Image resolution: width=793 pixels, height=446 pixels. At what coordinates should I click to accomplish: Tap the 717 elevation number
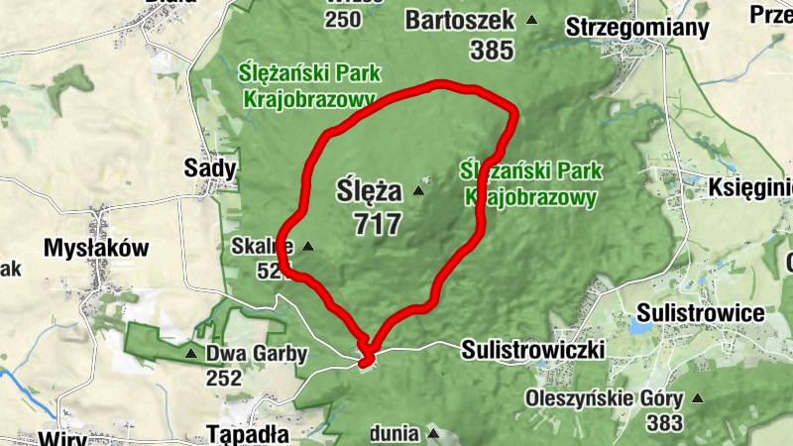tap(377, 223)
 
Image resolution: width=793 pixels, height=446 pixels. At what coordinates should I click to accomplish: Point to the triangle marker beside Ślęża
tap(418, 190)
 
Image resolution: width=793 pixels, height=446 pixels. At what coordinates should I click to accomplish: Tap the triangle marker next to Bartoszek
tap(533, 19)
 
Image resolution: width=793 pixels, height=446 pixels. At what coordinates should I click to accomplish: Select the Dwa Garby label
tap(257, 354)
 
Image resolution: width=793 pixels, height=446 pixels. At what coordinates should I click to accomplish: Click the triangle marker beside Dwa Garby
tap(189, 353)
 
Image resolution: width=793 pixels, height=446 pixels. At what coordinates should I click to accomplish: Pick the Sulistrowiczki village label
tap(533, 350)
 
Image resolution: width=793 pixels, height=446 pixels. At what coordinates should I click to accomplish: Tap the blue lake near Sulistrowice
tap(636, 324)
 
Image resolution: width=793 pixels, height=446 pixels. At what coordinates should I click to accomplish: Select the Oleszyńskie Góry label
tap(606, 399)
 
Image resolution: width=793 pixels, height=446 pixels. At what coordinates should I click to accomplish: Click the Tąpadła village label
tap(248, 434)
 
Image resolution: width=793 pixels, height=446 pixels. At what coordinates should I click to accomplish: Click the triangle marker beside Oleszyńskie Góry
tap(698, 399)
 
